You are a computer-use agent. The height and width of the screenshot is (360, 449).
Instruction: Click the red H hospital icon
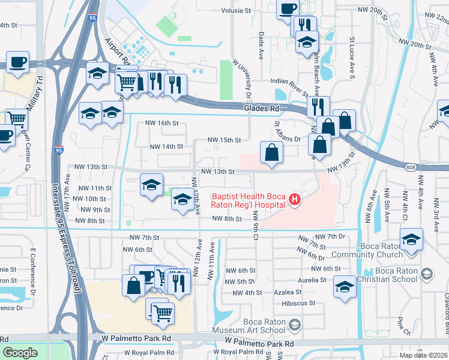pyautogui.click(x=294, y=199)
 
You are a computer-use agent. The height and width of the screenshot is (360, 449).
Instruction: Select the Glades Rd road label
pyautogui.click(x=262, y=109)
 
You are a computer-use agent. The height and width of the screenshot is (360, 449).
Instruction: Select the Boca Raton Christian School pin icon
pyautogui.click(x=426, y=274)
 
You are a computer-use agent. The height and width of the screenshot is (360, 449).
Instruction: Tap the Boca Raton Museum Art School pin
pyautogui.click(x=294, y=325)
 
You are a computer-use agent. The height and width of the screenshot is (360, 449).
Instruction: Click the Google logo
pyautogui.click(x=20, y=353)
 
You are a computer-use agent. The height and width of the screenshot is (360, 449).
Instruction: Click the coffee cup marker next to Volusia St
pyautogui.click(x=288, y=8)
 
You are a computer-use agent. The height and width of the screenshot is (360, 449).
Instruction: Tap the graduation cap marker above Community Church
pyautogui.click(x=411, y=239)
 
